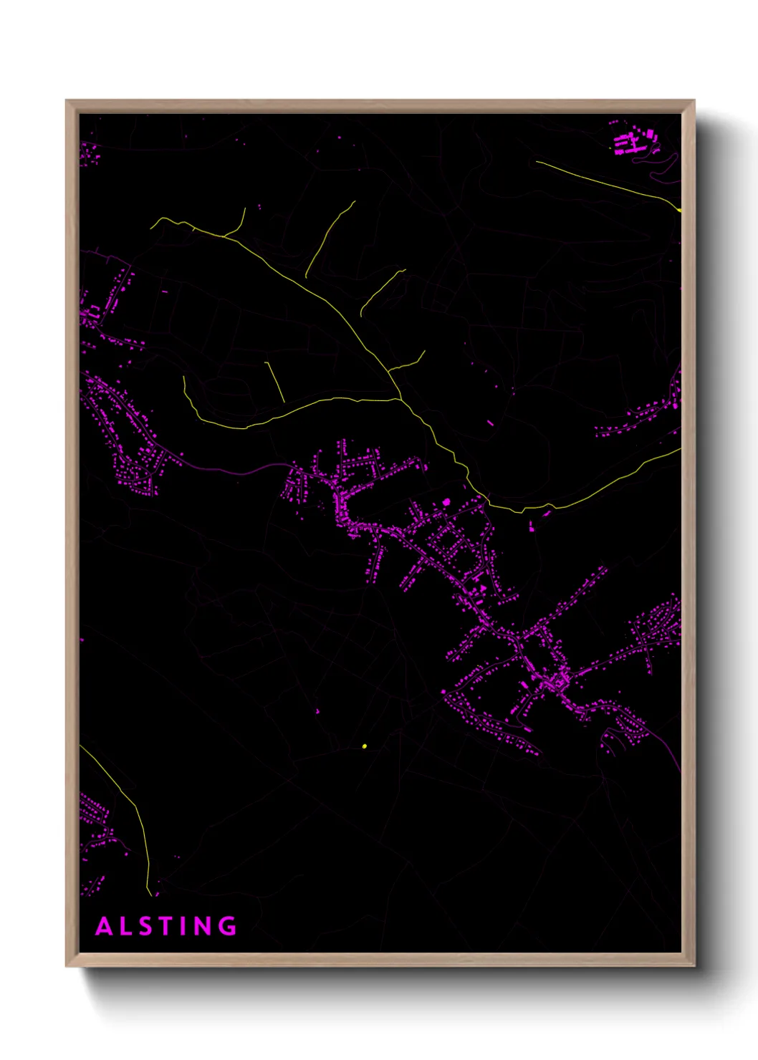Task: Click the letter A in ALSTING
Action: (105, 926)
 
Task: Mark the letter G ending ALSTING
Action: (228, 926)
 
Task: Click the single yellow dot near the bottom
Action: (365, 746)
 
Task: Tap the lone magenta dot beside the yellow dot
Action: (318, 711)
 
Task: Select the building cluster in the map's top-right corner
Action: (634, 140)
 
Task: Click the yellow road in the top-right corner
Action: (609, 183)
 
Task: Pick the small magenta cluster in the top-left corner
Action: (89, 153)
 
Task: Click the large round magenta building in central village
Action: (446, 502)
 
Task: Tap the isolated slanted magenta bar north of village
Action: (490, 423)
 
